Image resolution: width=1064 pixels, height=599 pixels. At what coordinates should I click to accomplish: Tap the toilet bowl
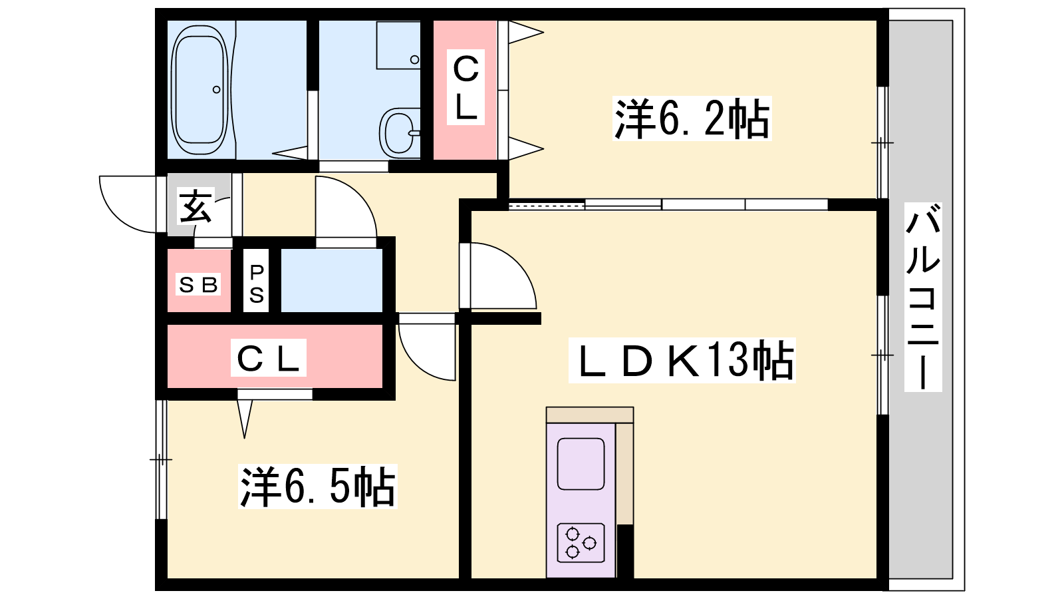400,132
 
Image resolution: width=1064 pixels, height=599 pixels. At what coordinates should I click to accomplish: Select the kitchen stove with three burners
581,542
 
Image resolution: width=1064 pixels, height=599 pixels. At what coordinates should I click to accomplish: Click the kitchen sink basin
581,463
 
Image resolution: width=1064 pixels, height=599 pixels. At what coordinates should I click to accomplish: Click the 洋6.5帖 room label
317,487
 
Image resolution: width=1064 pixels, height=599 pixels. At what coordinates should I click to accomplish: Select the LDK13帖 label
682,360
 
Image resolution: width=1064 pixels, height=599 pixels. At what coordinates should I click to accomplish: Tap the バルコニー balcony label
923,297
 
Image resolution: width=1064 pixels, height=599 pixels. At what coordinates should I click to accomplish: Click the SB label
198,285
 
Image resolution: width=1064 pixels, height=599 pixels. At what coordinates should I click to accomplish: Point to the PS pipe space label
257,284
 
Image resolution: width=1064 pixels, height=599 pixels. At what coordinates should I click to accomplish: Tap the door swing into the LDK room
499,276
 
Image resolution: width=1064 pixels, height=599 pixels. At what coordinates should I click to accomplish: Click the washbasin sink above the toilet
398,45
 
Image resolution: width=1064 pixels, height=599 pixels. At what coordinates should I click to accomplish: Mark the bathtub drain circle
216,89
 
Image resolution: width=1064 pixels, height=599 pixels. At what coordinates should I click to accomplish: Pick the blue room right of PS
331,280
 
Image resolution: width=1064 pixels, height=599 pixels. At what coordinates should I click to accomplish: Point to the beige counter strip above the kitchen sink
589,415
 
